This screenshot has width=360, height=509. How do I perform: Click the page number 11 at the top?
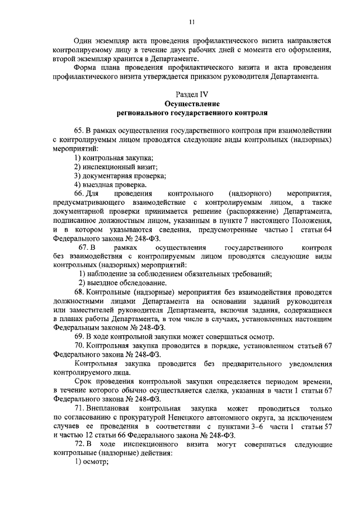[x=191, y=22]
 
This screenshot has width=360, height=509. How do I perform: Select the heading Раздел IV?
[x=192, y=94]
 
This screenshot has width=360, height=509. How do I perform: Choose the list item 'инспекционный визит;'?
[x=116, y=167]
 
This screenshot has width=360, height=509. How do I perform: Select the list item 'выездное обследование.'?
[x=119, y=282]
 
